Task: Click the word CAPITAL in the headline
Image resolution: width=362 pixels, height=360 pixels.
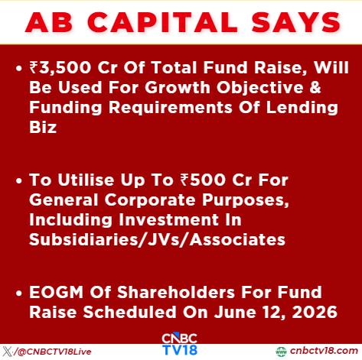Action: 162,22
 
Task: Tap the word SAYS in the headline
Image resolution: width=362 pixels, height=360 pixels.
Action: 296,22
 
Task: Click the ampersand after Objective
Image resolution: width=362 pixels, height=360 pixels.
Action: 316,87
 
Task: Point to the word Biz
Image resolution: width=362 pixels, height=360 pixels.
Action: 43,127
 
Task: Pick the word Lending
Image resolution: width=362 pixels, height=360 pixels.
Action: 302,108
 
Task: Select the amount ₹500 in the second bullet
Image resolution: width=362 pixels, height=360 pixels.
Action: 203,180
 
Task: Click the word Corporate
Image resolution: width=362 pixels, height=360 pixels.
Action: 150,200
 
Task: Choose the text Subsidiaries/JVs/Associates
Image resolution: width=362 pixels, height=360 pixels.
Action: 157,240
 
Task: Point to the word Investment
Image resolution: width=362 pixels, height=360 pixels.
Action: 180,219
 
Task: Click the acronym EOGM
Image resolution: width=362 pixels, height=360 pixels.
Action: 57,292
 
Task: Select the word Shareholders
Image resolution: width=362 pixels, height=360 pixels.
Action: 176,292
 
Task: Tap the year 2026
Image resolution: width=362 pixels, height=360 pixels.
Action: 315,312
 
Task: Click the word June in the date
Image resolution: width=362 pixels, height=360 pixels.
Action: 235,312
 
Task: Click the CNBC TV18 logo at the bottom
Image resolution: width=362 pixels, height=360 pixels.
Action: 180,344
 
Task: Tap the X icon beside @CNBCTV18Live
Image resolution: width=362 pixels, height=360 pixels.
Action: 8,352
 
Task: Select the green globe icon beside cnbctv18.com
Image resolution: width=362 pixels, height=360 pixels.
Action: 281,352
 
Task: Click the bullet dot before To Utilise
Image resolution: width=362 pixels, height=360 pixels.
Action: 19,181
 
